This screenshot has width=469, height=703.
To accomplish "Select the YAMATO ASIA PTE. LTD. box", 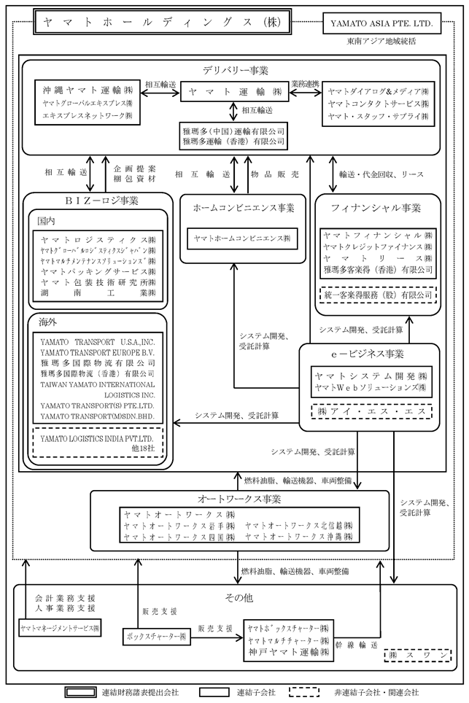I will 381,23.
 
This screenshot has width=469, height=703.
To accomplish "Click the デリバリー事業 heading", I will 235,70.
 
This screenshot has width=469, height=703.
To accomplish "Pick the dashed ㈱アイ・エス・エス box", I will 371,411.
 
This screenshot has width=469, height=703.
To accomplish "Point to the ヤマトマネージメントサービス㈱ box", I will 61,626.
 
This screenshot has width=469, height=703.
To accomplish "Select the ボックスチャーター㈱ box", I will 155,636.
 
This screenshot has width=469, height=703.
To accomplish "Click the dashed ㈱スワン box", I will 414,657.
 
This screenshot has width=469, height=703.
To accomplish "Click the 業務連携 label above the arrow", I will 305,84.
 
